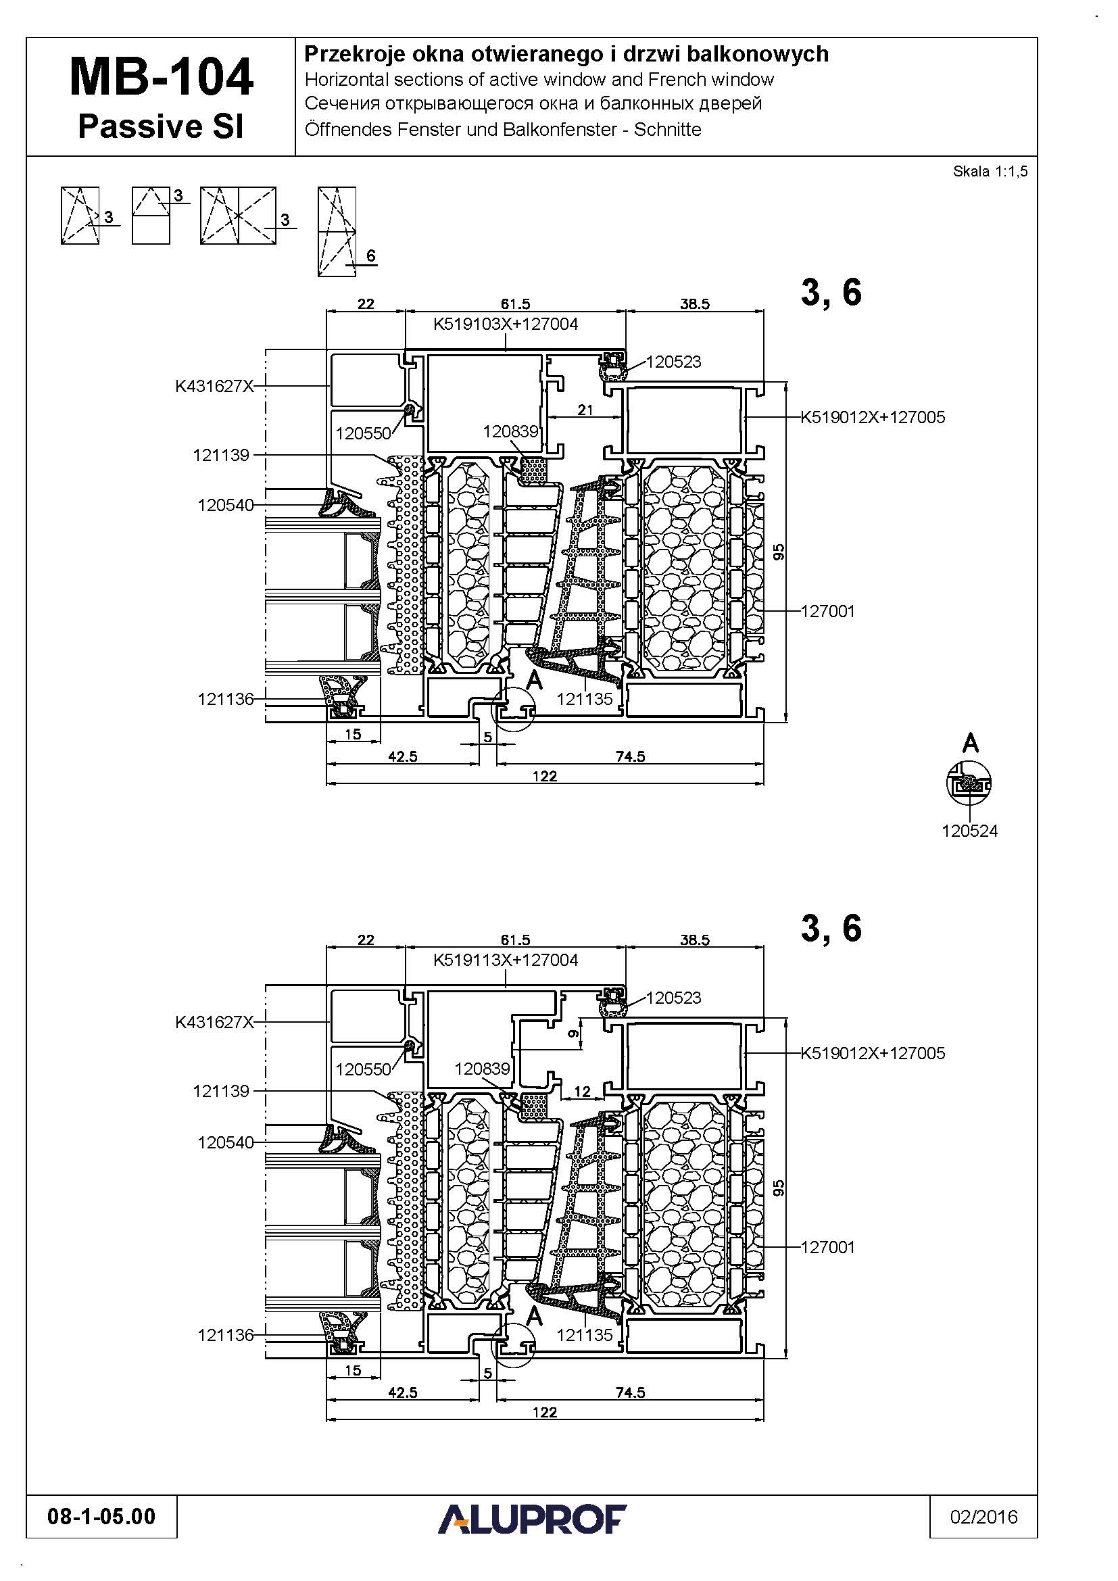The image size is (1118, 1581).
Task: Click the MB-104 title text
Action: pos(161,77)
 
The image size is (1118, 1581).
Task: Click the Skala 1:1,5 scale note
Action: pos(990,172)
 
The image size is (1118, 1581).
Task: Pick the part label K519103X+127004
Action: pos(506,324)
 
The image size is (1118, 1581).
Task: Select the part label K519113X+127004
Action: pos(506,960)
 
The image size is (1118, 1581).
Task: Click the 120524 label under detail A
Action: pos(969,831)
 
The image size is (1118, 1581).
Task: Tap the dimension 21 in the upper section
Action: pos(585,410)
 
